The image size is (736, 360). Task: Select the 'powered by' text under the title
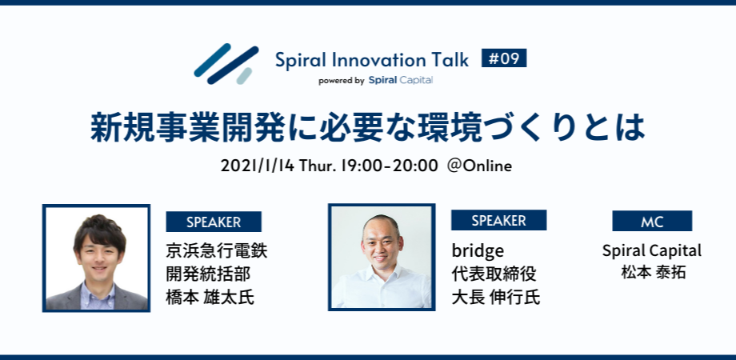(342, 80)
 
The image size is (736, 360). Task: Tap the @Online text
(479, 166)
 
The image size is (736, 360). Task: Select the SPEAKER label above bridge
(498, 220)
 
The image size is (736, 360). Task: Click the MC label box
(652, 222)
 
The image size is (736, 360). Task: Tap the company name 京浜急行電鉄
(216, 250)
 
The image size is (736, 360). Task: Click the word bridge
(478, 250)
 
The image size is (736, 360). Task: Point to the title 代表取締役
(494, 274)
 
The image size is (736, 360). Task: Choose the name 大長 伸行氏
(495, 298)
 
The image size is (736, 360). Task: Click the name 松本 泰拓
(652, 272)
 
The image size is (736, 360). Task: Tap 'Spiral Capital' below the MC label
(652, 250)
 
